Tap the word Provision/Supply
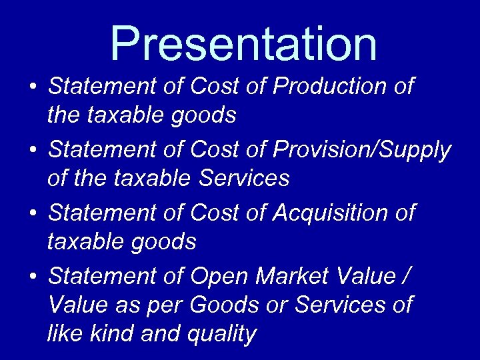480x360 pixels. pyautogui.click(x=362, y=151)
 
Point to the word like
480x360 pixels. pyautogui.click(x=65, y=333)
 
